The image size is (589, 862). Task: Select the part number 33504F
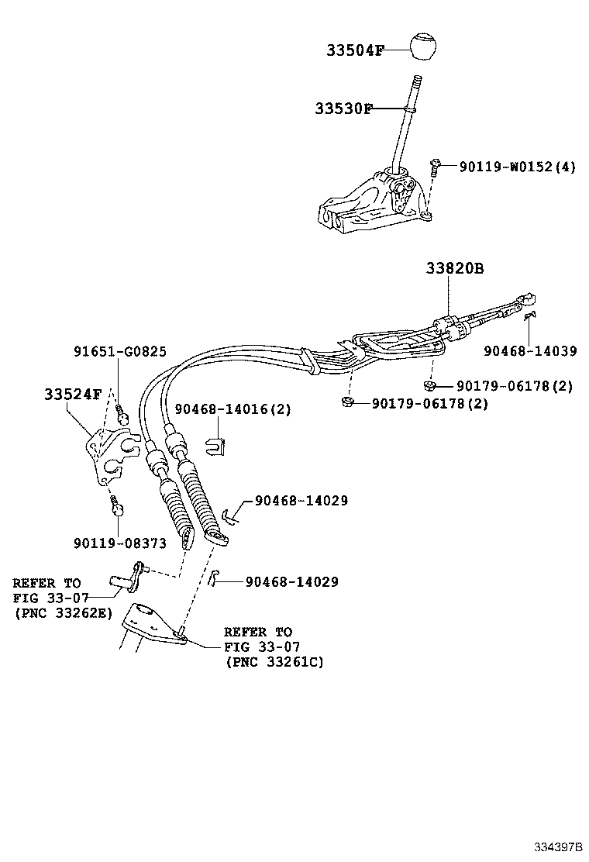[355, 51]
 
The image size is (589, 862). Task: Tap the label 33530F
[343, 109]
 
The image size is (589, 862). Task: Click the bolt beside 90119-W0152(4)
[436, 166]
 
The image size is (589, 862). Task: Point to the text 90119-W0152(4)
[517, 166]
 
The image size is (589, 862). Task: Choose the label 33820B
[454, 269]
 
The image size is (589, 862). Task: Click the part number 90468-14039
[530, 350]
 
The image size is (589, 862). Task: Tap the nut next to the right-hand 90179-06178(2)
[429, 384]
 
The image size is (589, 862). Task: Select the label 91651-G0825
[120, 352]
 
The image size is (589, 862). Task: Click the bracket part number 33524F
[72, 394]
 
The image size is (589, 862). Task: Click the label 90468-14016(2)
[232, 409]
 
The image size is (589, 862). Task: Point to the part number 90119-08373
[119, 543]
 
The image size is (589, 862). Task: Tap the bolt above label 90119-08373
[116, 508]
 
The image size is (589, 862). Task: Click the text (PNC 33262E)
[63, 612]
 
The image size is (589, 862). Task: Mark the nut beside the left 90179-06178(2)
[347, 402]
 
